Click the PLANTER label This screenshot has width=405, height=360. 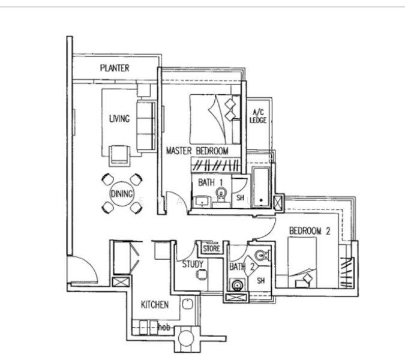pos(115,68)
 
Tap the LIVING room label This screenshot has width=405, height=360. pos(119,119)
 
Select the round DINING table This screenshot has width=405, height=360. pos(122,194)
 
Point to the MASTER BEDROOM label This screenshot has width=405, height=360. pos(197,151)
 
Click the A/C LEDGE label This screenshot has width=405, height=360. pos(258,116)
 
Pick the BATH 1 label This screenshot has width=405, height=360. pos(210,182)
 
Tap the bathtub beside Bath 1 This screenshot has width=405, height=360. pos(261,187)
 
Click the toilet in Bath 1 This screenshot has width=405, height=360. pos(221,195)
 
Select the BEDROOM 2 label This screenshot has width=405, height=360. pos(310,230)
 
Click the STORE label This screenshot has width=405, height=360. pos(211,248)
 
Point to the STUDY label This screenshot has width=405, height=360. pos(193,264)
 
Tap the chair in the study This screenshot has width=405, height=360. pos(202,274)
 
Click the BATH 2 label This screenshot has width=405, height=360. pos(242,266)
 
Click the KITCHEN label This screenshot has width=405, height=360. pos(154,305)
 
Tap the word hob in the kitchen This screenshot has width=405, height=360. pos(164,328)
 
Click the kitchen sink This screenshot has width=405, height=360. pos(188,304)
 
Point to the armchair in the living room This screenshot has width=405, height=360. pos(119,156)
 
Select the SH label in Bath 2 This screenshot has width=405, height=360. pos(261,280)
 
